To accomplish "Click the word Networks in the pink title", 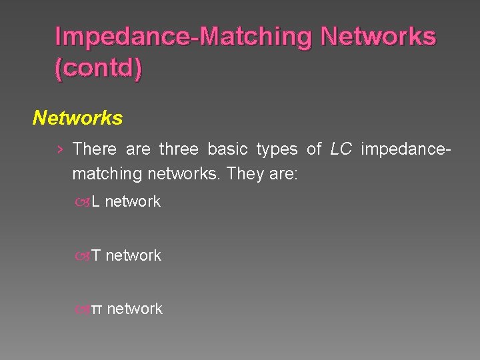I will (378, 37).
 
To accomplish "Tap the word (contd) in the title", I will (98, 69).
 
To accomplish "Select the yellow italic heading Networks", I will (77, 118).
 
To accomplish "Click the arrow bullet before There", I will (60, 149).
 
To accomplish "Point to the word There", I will (94, 149).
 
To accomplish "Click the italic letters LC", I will (341, 149).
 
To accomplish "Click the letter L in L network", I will (95, 201).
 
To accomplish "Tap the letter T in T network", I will (95, 255).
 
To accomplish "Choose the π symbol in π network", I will (96, 309).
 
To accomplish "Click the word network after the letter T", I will (133, 255).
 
